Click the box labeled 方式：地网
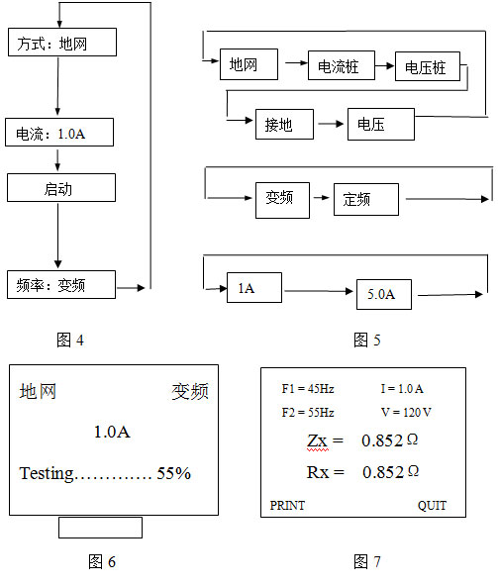pyautogui.click(x=62, y=43)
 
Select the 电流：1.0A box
pyautogui.click(x=59, y=133)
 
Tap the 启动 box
pyautogui.click(x=61, y=188)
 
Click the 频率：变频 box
pyautogui.click(x=61, y=285)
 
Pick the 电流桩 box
pyautogui.click(x=342, y=65)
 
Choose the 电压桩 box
pyautogui.click(x=428, y=66)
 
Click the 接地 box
pyautogui.click(x=284, y=124)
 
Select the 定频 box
pyautogui.click(x=366, y=199)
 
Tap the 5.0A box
pyautogui.click(x=384, y=294)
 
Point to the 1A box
pyautogui.click(x=254, y=287)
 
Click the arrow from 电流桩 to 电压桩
pyautogui.click(x=385, y=65)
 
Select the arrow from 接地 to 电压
pyautogui.click(x=331, y=124)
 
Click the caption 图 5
pyautogui.click(x=367, y=340)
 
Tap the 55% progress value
pyautogui.click(x=174, y=473)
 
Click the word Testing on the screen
pyautogui.click(x=47, y=473)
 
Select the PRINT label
pyautogui.click(x=287, y=505)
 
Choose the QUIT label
pyautogui.click(x=432, y=506)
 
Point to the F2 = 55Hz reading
pyautogui.click(x=308, y=412)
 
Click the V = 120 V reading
pyautogui.click(x=406, y=412)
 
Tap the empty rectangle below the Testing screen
pyautogui.click(x=100, y=528)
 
